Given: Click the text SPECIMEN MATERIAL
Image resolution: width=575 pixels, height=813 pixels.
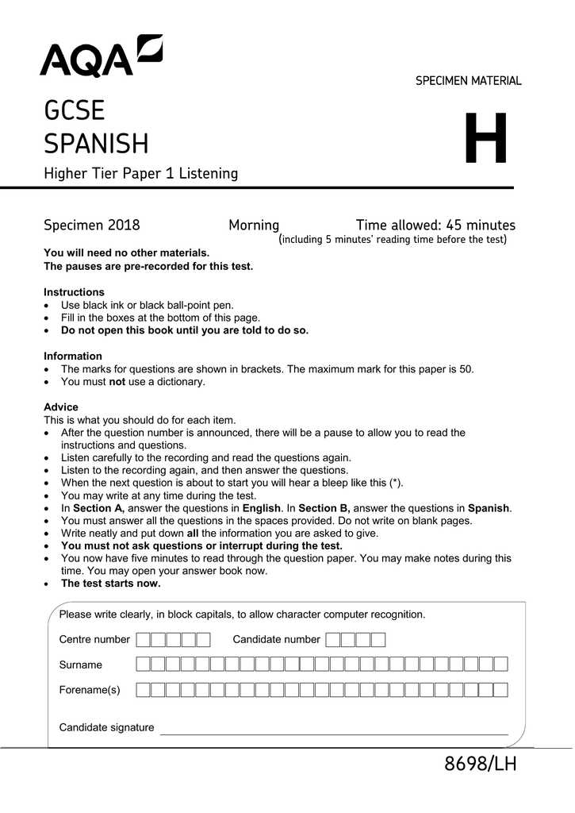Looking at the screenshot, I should click(x=468, y=81).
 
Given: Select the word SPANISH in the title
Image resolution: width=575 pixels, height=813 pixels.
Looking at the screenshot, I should click(x=96, y=144).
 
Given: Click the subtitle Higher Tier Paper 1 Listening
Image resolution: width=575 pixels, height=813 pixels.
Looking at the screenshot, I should click(x=140, y=173).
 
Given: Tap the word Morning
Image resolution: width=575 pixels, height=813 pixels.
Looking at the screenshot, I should click(x=254, y=225).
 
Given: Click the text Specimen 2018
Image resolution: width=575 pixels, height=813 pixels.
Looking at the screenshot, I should click(x=92, y=225).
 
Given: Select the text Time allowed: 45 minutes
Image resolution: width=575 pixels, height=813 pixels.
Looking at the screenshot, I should click(x=435, y=225).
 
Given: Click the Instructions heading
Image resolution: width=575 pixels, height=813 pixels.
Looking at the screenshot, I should click(x=74, y=292).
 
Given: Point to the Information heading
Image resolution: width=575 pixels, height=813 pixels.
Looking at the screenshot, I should click(x=73, y=356).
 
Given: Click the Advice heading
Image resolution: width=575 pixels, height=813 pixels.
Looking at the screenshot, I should click(x=61, y=407).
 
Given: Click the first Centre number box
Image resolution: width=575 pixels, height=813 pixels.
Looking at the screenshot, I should click(x=144, y=640).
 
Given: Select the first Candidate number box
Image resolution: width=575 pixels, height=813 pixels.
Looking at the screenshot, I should click(x=333, y=640).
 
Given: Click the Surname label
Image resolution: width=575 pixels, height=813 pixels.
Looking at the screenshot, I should click(x=81, y=665).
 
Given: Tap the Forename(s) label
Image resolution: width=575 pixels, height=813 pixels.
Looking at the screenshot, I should click(x=90, y=690).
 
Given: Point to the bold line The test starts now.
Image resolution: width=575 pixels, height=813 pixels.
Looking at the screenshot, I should click(x=111, y=584).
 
